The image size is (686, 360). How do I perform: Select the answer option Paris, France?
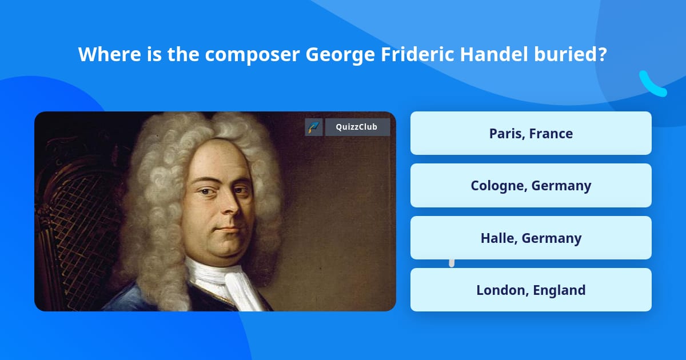pos(531,133)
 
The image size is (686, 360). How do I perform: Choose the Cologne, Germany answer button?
pos(531,185)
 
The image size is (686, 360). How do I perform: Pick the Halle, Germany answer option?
pos(531,238)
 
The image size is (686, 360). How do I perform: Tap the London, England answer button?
pos(531,290)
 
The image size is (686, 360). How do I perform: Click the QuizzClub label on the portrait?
pos(357,127)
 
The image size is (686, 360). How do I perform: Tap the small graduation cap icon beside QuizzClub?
pos(314,127)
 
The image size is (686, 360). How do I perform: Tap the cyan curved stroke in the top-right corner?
pos(652,84)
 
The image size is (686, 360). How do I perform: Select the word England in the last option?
pos(559,290)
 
